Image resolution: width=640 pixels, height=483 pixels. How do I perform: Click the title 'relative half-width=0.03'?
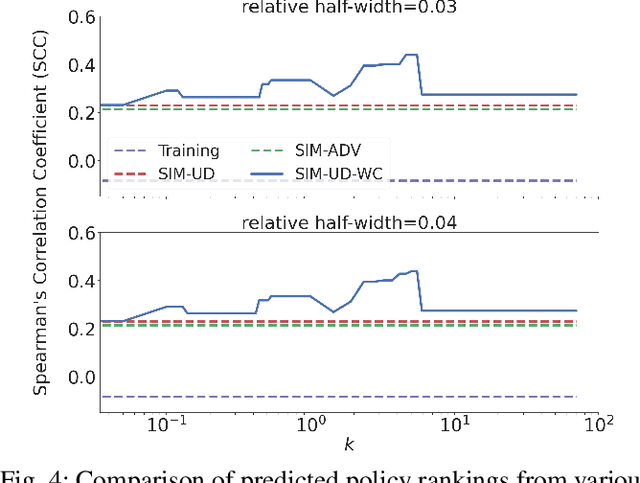(x=349, y=9)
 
